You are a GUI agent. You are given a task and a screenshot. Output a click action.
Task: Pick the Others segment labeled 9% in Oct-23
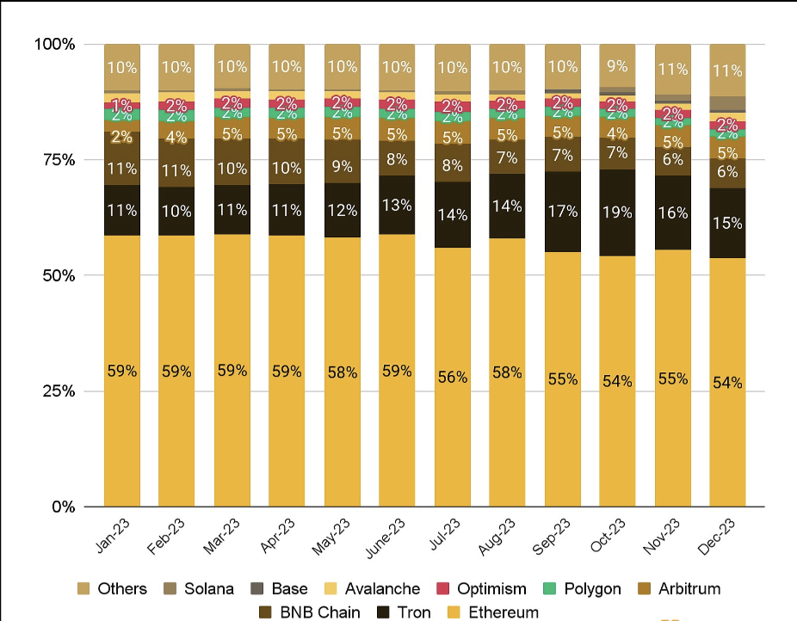coord(618,65)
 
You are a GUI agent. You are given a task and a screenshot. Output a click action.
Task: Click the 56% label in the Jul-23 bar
coord(453,377)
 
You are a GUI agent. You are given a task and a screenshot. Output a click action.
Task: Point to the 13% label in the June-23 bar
coord(398,204)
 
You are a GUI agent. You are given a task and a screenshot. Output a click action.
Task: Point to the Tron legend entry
coord(411,612)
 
